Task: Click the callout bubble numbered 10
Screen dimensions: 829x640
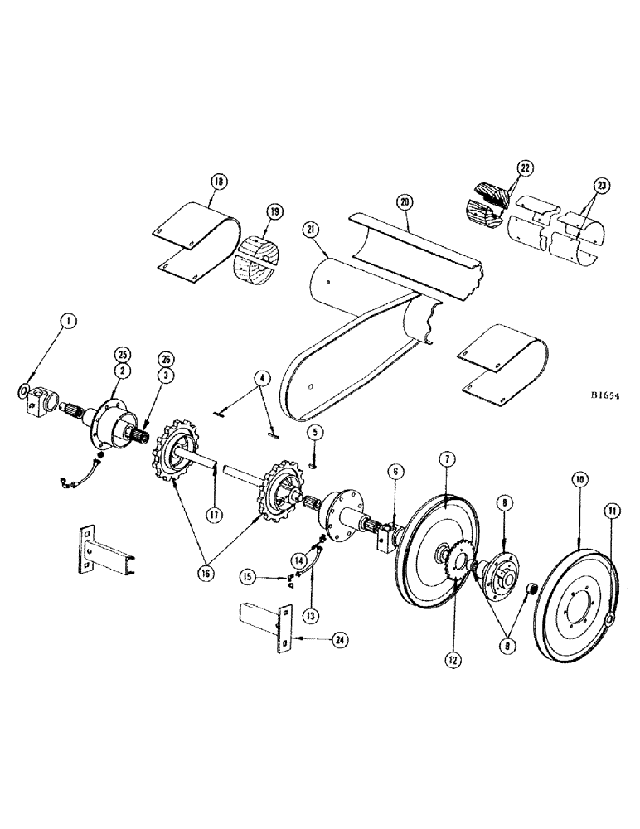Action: (578, 480)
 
